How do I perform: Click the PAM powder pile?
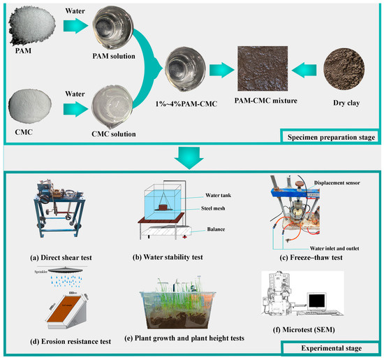point(27,22)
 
